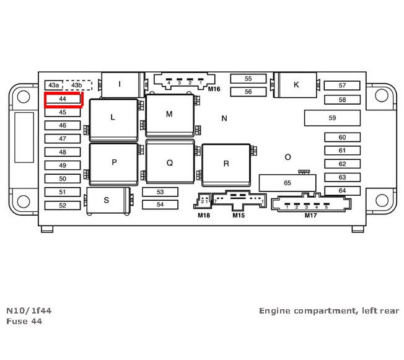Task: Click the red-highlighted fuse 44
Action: pos(63,99)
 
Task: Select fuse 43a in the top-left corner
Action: pos(54,85)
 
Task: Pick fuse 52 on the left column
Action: pos(63,205)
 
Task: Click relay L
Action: pos(113,117)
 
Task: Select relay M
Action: pos(169,115)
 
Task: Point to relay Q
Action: pos(169,163)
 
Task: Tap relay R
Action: pos(226,164)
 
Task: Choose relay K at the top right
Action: pos(296,85)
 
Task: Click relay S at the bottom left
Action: pos(107,200)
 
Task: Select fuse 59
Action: pos(332,118)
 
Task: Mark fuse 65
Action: pos(287,183)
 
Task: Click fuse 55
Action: pos(248,79)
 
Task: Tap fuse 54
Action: pos(160,204)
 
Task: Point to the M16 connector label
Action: pos(214,89)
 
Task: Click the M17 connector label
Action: pos(311,215)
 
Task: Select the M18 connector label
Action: pos(204,215)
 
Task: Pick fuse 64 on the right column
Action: pos(342,190)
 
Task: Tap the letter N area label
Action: pos(224,118)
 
